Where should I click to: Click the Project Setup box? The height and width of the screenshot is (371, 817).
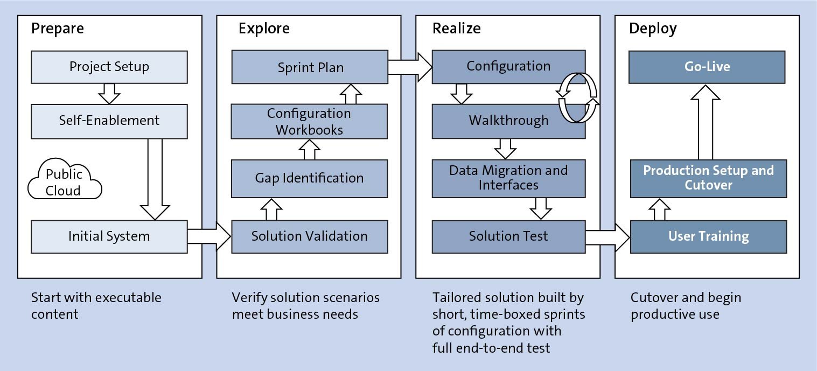coord(109,67)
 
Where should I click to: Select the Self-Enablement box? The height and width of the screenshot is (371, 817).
coord(109,120)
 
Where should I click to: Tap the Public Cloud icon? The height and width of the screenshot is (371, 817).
coord(65,181)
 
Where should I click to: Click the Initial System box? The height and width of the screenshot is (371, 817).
coord(109,236)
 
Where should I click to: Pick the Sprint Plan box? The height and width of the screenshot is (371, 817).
coord(310,67)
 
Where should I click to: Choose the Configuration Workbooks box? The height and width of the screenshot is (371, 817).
coord(309,121)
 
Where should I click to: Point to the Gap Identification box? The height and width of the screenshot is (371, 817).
coord(309,178)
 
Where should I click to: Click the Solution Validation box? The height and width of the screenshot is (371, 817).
coord(309,236)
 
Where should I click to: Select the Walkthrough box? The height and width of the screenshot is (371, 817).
coord(508,121)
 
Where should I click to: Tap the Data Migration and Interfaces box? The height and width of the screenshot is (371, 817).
coord(508,178)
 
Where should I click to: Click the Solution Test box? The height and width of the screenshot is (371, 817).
coord(508,236)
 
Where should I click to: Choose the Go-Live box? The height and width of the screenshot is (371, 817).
coord(707,67)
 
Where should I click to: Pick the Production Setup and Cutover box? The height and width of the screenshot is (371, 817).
coord(708,178)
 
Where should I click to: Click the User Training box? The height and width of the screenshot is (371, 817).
coord(708,236)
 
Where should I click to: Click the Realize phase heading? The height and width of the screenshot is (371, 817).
coord(456,29)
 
